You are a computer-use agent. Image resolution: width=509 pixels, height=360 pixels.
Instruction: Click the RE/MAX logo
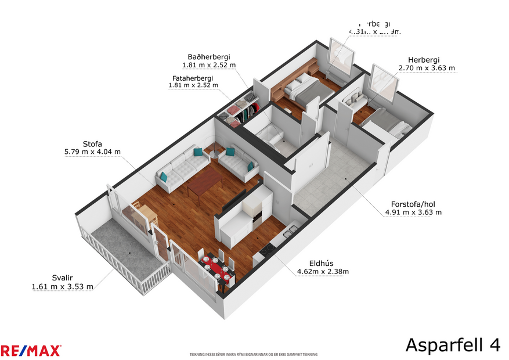pyautogui.click(x=30, y=350)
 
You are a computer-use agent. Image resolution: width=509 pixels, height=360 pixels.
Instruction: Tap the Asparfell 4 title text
pyautogui.click(x=452, y=344)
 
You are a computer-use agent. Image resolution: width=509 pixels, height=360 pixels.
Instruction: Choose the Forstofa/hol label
pyautogui.click(x=413, y=203)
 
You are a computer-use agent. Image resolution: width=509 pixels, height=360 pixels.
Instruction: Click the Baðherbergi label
pyautogui.click(x=208, y=57)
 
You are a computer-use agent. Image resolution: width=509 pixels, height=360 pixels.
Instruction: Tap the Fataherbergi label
pyautogui.click(x=193, y=78)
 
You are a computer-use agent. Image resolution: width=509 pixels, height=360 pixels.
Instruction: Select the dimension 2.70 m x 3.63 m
pyautogui.click(x=427, y=69)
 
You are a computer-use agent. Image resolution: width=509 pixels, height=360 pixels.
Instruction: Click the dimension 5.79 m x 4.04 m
pyautogui.click(x=92, y=152)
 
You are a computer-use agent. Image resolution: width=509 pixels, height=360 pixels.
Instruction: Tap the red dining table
pyautogui.click(x=217, y=268)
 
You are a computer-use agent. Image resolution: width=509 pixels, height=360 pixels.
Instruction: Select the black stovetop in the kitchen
pyautogui.click(x=268, y=250)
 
